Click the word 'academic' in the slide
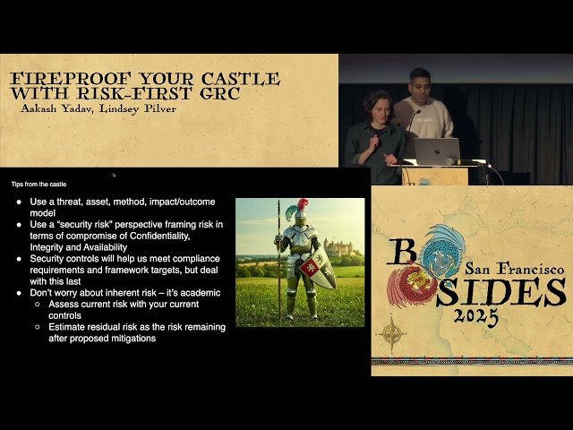pos(197,293)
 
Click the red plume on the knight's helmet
pos(304,205)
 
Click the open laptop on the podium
pos(436,150)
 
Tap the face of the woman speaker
pos(376,105)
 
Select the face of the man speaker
pos(420,82)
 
